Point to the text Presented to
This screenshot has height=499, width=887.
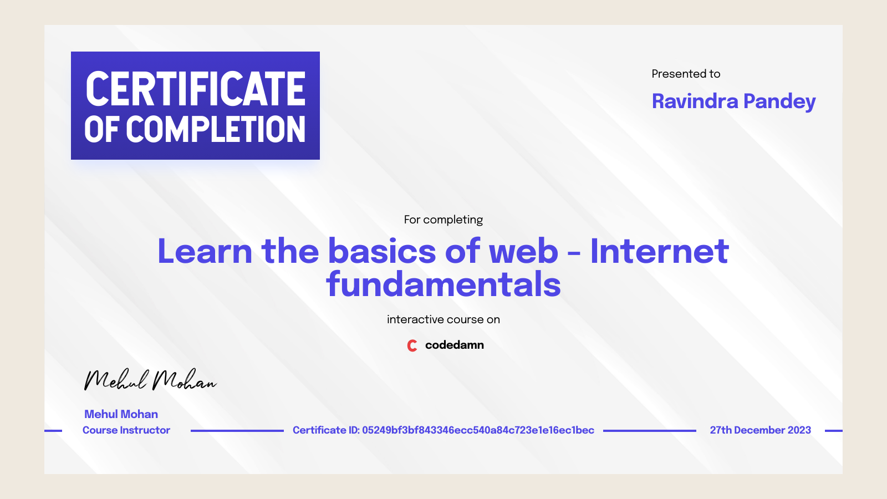tap(686, 74)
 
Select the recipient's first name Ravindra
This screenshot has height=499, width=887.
tap(695, 101)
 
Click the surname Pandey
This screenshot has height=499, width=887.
tap(779, 101)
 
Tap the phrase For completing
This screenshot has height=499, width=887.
tap(443, 220)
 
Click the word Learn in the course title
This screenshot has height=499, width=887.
tap(205, 251)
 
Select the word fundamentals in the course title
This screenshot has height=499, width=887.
tap(443, 284)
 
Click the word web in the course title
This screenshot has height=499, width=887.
tap(523, 251)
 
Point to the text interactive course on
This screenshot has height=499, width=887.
tap(443, 319)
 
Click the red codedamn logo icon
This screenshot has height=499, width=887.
tap(412, 345)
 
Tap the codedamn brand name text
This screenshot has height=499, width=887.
tap(454, 345)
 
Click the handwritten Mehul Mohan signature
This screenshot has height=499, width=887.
tap(150, 380)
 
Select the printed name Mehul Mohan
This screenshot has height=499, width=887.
tap(121, 414)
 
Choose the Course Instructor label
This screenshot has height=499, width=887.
tap(126, 430)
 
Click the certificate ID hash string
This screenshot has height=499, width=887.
tap(478, 430)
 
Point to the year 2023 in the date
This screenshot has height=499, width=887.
tap(799, 430)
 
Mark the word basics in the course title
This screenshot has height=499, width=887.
tap(382, 251)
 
